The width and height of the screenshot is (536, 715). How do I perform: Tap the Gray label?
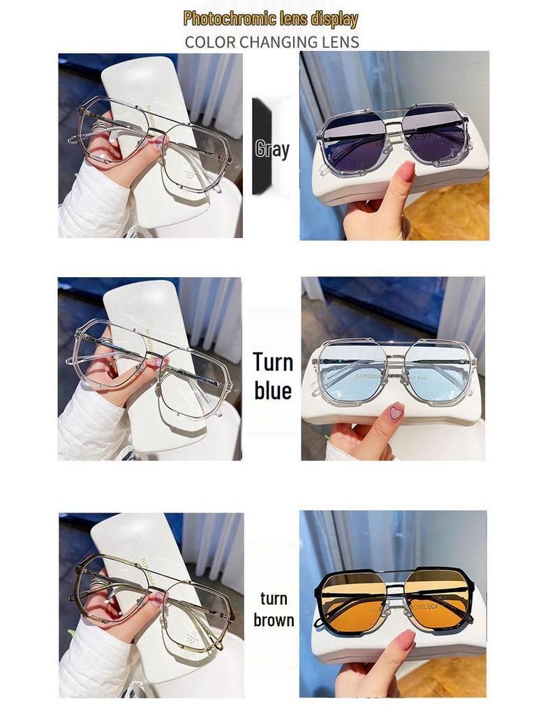point(272,148)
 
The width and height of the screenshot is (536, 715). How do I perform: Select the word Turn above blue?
point(272,362)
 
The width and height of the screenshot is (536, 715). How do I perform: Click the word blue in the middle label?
point(272,390)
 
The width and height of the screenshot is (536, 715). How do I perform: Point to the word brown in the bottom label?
point(274,620)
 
